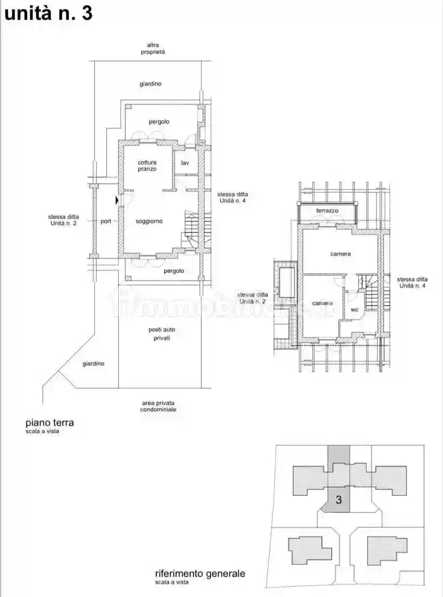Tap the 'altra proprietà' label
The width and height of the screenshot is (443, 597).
click(153, 48)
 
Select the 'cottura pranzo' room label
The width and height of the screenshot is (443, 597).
click(147, 165)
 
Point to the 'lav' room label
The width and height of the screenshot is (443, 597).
click(185, 163)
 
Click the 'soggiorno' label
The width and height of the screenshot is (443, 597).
click(150, 221)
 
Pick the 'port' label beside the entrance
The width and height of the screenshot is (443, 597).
click(106, 221)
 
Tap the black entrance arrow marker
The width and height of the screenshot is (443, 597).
click(117, 200)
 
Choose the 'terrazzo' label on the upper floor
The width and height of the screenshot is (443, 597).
click(327, 210)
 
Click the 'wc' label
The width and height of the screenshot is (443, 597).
click(354, 310)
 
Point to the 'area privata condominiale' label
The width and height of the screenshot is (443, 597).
click(159, 406)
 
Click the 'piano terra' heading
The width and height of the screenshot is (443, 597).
click(49, 423)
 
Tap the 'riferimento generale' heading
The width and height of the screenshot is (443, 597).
click(200, 574)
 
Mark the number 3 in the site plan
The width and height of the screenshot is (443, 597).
click(339, 500)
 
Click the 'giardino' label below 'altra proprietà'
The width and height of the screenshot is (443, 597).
click(151, 84)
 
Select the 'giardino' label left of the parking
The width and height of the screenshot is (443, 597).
click(93, 363)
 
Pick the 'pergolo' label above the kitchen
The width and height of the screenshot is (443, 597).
click(159, 122)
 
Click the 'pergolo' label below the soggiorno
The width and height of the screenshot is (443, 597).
click(174, 271)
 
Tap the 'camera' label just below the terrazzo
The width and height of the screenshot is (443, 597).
click(341, 254)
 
